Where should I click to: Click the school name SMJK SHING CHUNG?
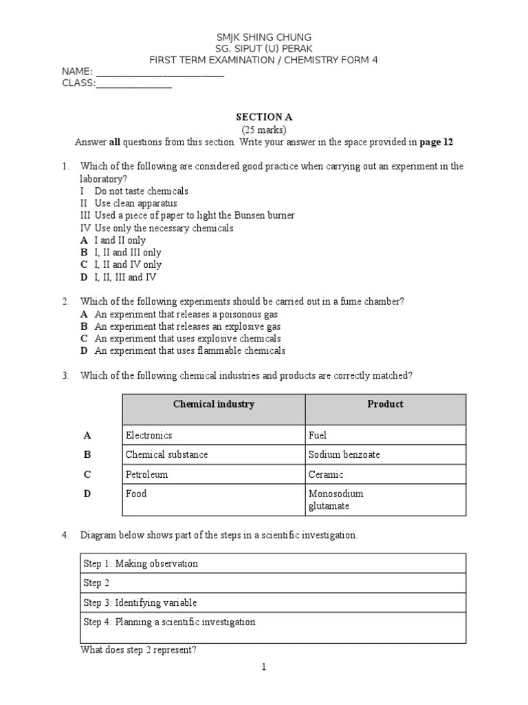pos(264,36)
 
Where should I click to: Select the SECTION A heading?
pos(264,118)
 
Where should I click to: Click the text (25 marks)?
pos(264,130)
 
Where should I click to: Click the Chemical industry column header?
pos(214,405)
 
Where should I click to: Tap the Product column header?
pos(385,405)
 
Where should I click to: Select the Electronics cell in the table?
pos(149,435)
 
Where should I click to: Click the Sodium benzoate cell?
pos(344,455)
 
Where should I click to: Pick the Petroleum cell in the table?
pos(147,474)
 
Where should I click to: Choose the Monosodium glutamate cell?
pos(336,500)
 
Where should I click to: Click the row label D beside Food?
pos(87,494)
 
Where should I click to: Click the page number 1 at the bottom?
pos(264,667)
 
